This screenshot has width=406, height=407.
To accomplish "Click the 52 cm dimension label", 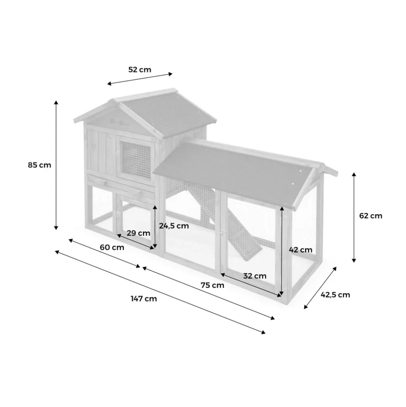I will tap(140, 70).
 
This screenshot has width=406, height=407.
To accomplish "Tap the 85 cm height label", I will tap(39, 165).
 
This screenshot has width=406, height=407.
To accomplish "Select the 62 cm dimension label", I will tap(370, 216).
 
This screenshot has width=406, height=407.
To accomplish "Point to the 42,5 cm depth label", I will tap(335, 294).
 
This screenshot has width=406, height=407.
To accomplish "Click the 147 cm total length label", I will tap(144, 298).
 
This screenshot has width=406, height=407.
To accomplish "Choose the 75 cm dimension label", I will tap(212, 285).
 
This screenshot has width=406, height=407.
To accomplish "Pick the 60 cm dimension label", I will tap(112, 247).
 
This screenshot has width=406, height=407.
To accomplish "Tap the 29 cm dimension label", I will tap(138, 233).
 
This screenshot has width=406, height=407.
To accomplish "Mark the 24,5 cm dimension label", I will tap(174, 226).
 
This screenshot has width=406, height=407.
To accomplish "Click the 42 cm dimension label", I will tap(301, 249).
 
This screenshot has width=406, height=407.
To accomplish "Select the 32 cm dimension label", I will tap(254, 276).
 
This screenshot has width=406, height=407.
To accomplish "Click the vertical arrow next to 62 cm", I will tap(354, 217).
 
